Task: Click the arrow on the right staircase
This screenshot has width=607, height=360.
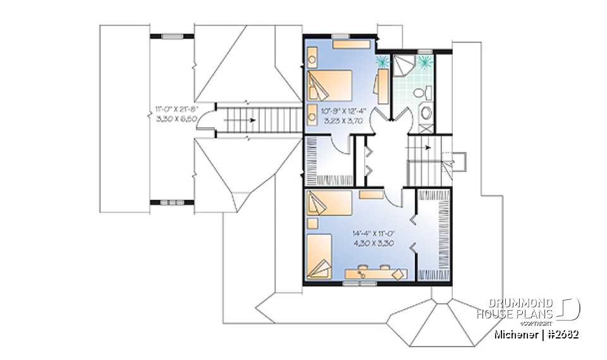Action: pos(428,147)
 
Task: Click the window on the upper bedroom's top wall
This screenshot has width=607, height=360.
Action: pos(342,35)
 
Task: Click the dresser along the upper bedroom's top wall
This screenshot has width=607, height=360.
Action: pos(352,44)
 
